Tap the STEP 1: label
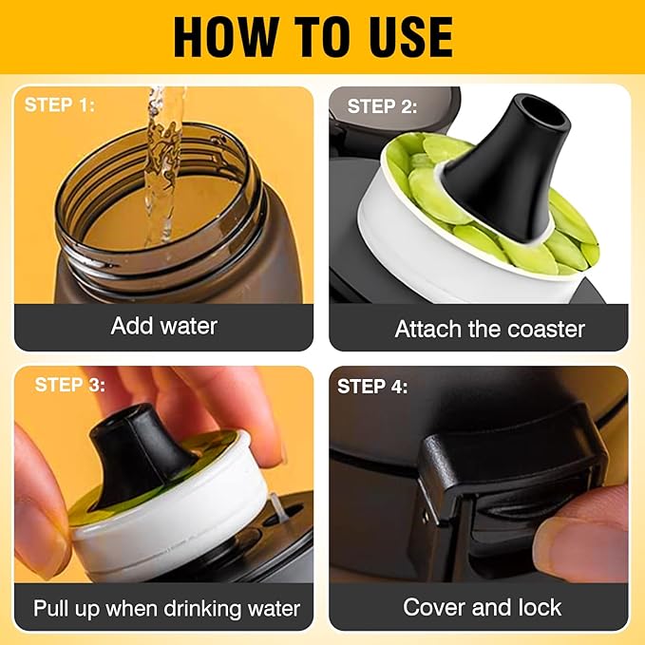point(60,104)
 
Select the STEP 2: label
point(382,106)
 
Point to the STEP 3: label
point(70,386)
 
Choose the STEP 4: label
point(372,387)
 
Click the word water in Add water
point(188,327)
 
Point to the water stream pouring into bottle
point(162,164)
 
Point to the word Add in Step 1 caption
point(132,326)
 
